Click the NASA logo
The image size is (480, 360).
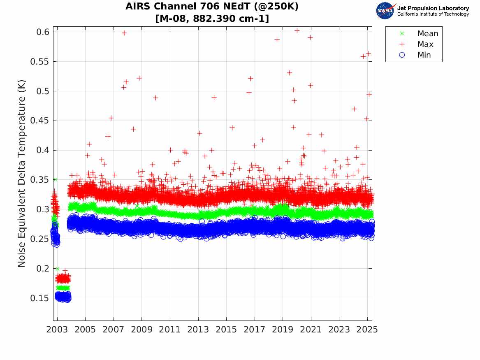coord(385,10)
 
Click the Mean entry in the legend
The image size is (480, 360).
coord(428,34)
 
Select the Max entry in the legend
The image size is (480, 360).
coord(425,44)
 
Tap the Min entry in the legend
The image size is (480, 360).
coord(424,55)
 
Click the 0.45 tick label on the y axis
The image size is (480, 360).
coord(40,121)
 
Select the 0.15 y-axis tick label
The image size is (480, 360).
coord(40,298)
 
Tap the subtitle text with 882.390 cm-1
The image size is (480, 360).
coord(212,19)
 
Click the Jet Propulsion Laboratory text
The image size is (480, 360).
coord(433,8)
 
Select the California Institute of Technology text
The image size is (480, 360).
coord(433,14)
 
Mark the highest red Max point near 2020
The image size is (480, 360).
coord(297,30)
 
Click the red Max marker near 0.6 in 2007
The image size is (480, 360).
coord(124,33)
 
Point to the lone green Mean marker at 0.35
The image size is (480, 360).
coord(55,179)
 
